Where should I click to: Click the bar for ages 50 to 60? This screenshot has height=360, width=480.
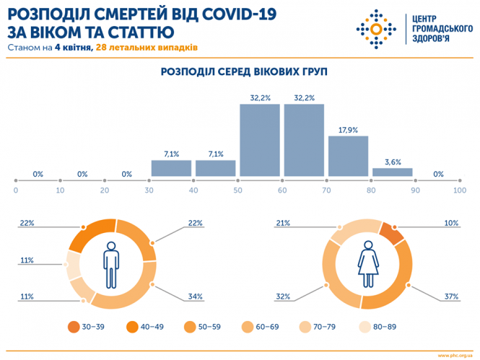click(x=260, y=140)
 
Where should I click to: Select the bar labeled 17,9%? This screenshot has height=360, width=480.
click(x=348, y=156)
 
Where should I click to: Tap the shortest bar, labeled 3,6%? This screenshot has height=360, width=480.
click(x=392, y=172)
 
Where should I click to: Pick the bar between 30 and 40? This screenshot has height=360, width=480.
click(x=171, y=168)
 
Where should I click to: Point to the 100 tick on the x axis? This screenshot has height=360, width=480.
click(x=458, y=190)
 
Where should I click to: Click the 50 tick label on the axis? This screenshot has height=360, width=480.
click(x=238, y=190)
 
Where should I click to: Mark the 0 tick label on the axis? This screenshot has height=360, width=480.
click(x=16, y=190)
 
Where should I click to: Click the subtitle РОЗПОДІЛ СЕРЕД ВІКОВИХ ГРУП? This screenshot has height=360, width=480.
click(x=239, y=72)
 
